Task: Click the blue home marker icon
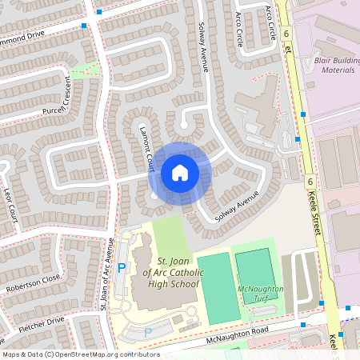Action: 180,172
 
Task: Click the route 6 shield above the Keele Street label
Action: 309,182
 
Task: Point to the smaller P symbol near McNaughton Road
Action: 147,331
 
